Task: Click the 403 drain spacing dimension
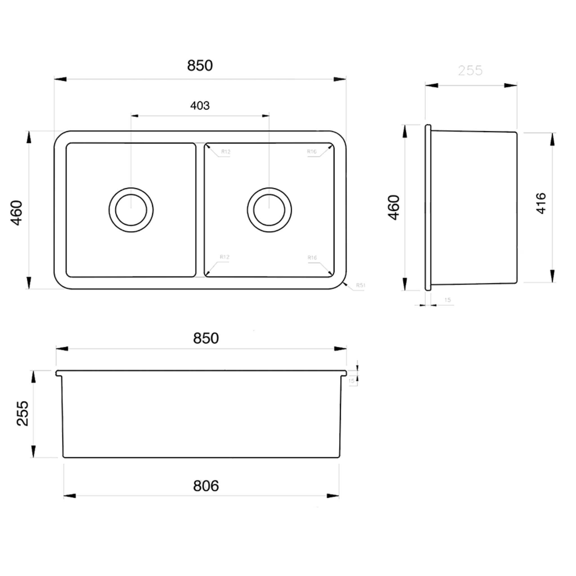click(x=200, y=105)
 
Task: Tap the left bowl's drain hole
click(x=131, y=210)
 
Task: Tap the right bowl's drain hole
click(x=269, y=210)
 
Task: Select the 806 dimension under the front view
click(x=206, y=486)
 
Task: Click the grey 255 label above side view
click(x=470, y=71)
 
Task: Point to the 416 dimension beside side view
click(x=541, y=203)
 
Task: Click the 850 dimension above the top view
click(x=200, y=66)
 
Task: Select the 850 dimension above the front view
click(x=206, y=338)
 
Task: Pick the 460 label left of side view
click(x=394, y=208)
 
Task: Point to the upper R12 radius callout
click(x=226, y=152)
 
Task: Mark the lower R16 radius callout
click(x=312, y=258)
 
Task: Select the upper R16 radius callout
click(x=312, y=152)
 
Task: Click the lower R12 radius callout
click(x=224, y=257)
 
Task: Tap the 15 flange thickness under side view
click(x=447, y=300)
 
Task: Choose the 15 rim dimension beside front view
click(x=351, y=381)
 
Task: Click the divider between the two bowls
click(x=200, y=210)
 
